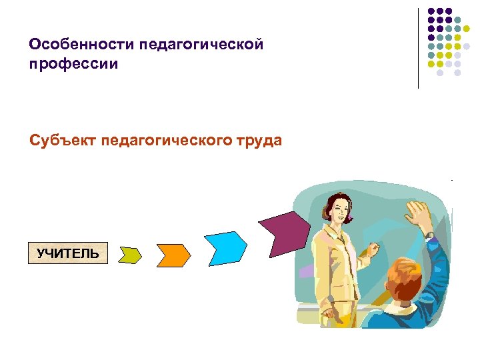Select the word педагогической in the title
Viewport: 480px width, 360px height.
coord(202,45)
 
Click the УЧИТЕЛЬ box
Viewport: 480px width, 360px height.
coord(68,253)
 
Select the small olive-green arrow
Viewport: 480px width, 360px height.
coord(131,255)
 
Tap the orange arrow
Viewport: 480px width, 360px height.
coord(173,254)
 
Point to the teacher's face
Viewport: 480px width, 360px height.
coord(337,213)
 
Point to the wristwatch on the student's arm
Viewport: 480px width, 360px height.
coord(429,235)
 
